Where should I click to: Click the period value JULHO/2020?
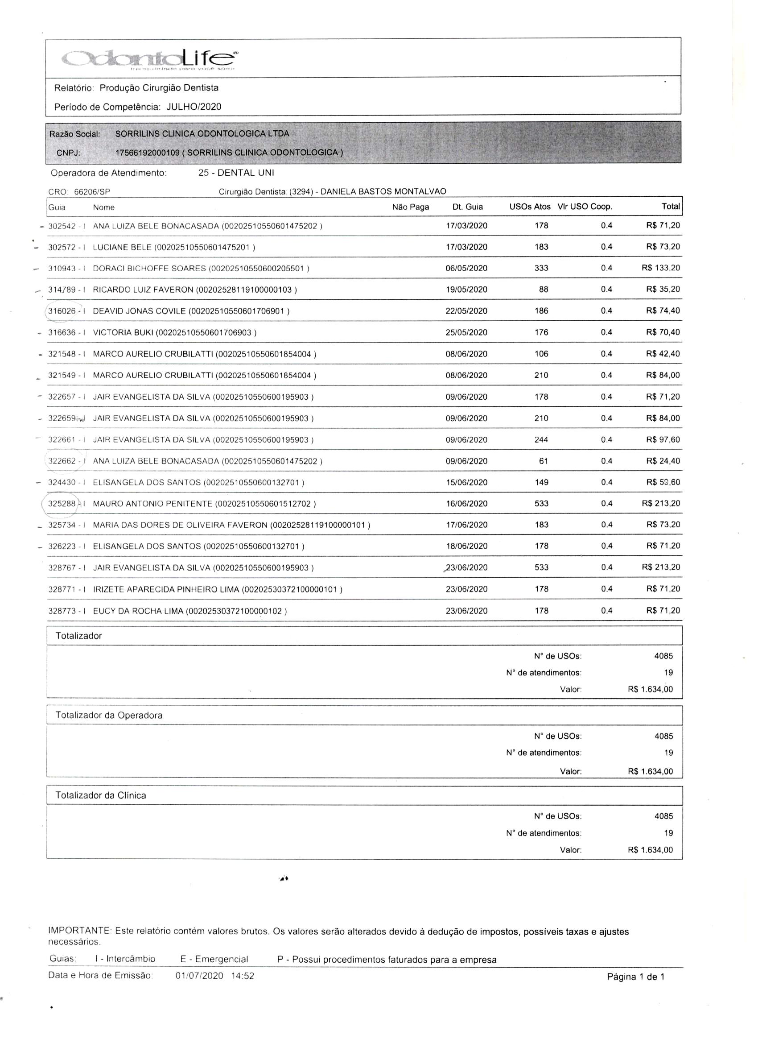coord(194,107)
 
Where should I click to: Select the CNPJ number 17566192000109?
coord(147,153)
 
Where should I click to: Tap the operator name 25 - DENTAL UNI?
coord(236,173)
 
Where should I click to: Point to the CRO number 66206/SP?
coord(92,192)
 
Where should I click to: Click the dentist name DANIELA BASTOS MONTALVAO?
coord(383,192)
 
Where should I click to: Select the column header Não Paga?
coord(410,207)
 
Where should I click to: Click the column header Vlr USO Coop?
coord(585,207)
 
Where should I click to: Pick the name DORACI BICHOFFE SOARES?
coord(149,269)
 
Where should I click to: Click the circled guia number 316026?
coord(62,311)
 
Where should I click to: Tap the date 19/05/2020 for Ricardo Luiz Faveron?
coord(466,290)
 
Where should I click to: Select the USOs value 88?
coord(543,290)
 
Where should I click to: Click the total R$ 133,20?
coord(660,268)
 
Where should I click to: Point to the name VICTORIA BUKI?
coord(123,332)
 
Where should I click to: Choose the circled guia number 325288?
coord(62,504)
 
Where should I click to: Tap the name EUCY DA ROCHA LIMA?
coord(138,611)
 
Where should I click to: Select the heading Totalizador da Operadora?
coord(109,715)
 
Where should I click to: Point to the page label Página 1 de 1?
coord(635,977)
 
